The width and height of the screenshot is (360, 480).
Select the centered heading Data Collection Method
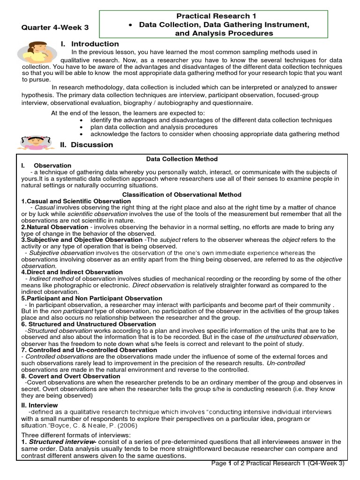(181, 159)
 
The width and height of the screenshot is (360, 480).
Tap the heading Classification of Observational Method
(181, 195)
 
